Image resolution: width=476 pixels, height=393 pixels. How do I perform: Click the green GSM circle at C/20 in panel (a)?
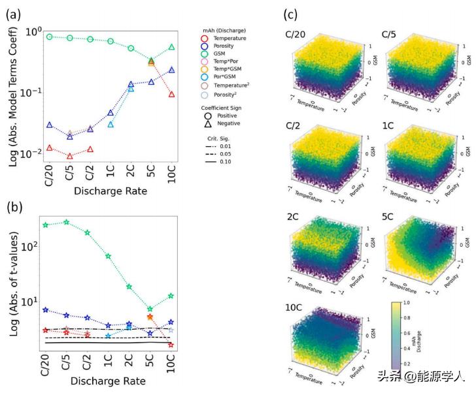pos(50,37)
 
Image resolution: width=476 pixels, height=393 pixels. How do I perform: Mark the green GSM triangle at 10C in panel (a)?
pos(172,47)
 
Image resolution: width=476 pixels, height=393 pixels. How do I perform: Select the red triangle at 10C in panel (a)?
pos(172,95)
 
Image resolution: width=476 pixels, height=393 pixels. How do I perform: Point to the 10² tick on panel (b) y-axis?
pos(27,247)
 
